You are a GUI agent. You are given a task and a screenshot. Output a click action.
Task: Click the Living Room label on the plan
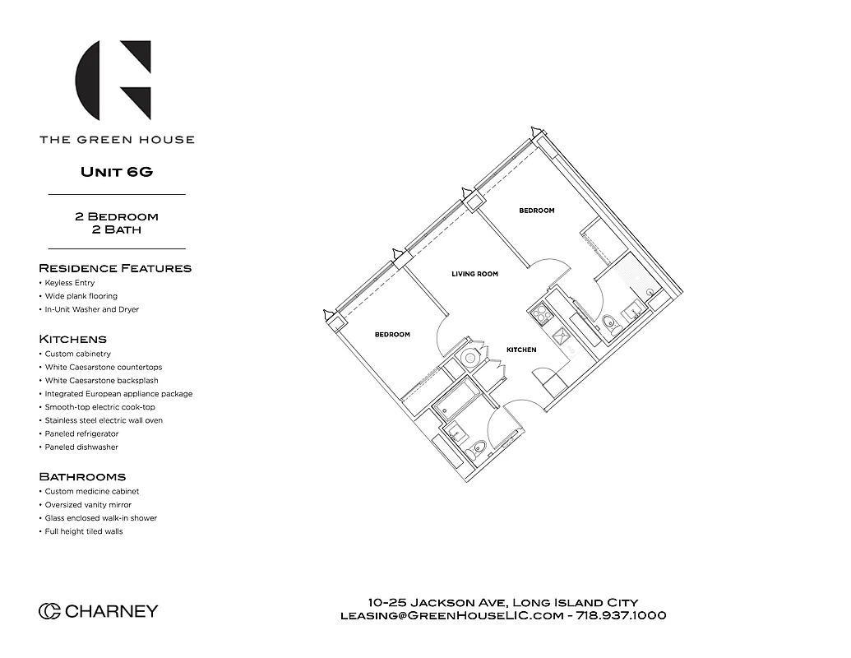click(x=474, y=274)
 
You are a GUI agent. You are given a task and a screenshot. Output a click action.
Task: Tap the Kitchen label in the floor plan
click(x=521, y=350)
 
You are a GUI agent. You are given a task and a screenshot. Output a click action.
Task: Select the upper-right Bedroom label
click(x=536, y=211)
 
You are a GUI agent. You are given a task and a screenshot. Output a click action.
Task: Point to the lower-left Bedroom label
click(x=392, y=335)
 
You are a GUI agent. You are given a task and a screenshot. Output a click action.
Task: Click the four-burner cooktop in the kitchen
click(x=540, y=313)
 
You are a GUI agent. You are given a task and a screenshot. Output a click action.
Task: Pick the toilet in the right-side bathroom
click(x=609, y=322)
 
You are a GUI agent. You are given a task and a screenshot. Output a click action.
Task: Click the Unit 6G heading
click(x=117, y=172)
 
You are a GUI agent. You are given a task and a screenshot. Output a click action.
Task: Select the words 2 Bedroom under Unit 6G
click(x=117, y=216)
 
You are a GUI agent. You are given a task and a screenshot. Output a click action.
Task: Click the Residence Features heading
click(x=115, y=268)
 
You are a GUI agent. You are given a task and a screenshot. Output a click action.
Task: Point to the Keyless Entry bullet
click(x=69, y=283)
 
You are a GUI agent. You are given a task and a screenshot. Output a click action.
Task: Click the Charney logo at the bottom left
click(x=98, y=611)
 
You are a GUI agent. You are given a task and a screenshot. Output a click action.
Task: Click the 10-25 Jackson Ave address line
click(x=503, y=602)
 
